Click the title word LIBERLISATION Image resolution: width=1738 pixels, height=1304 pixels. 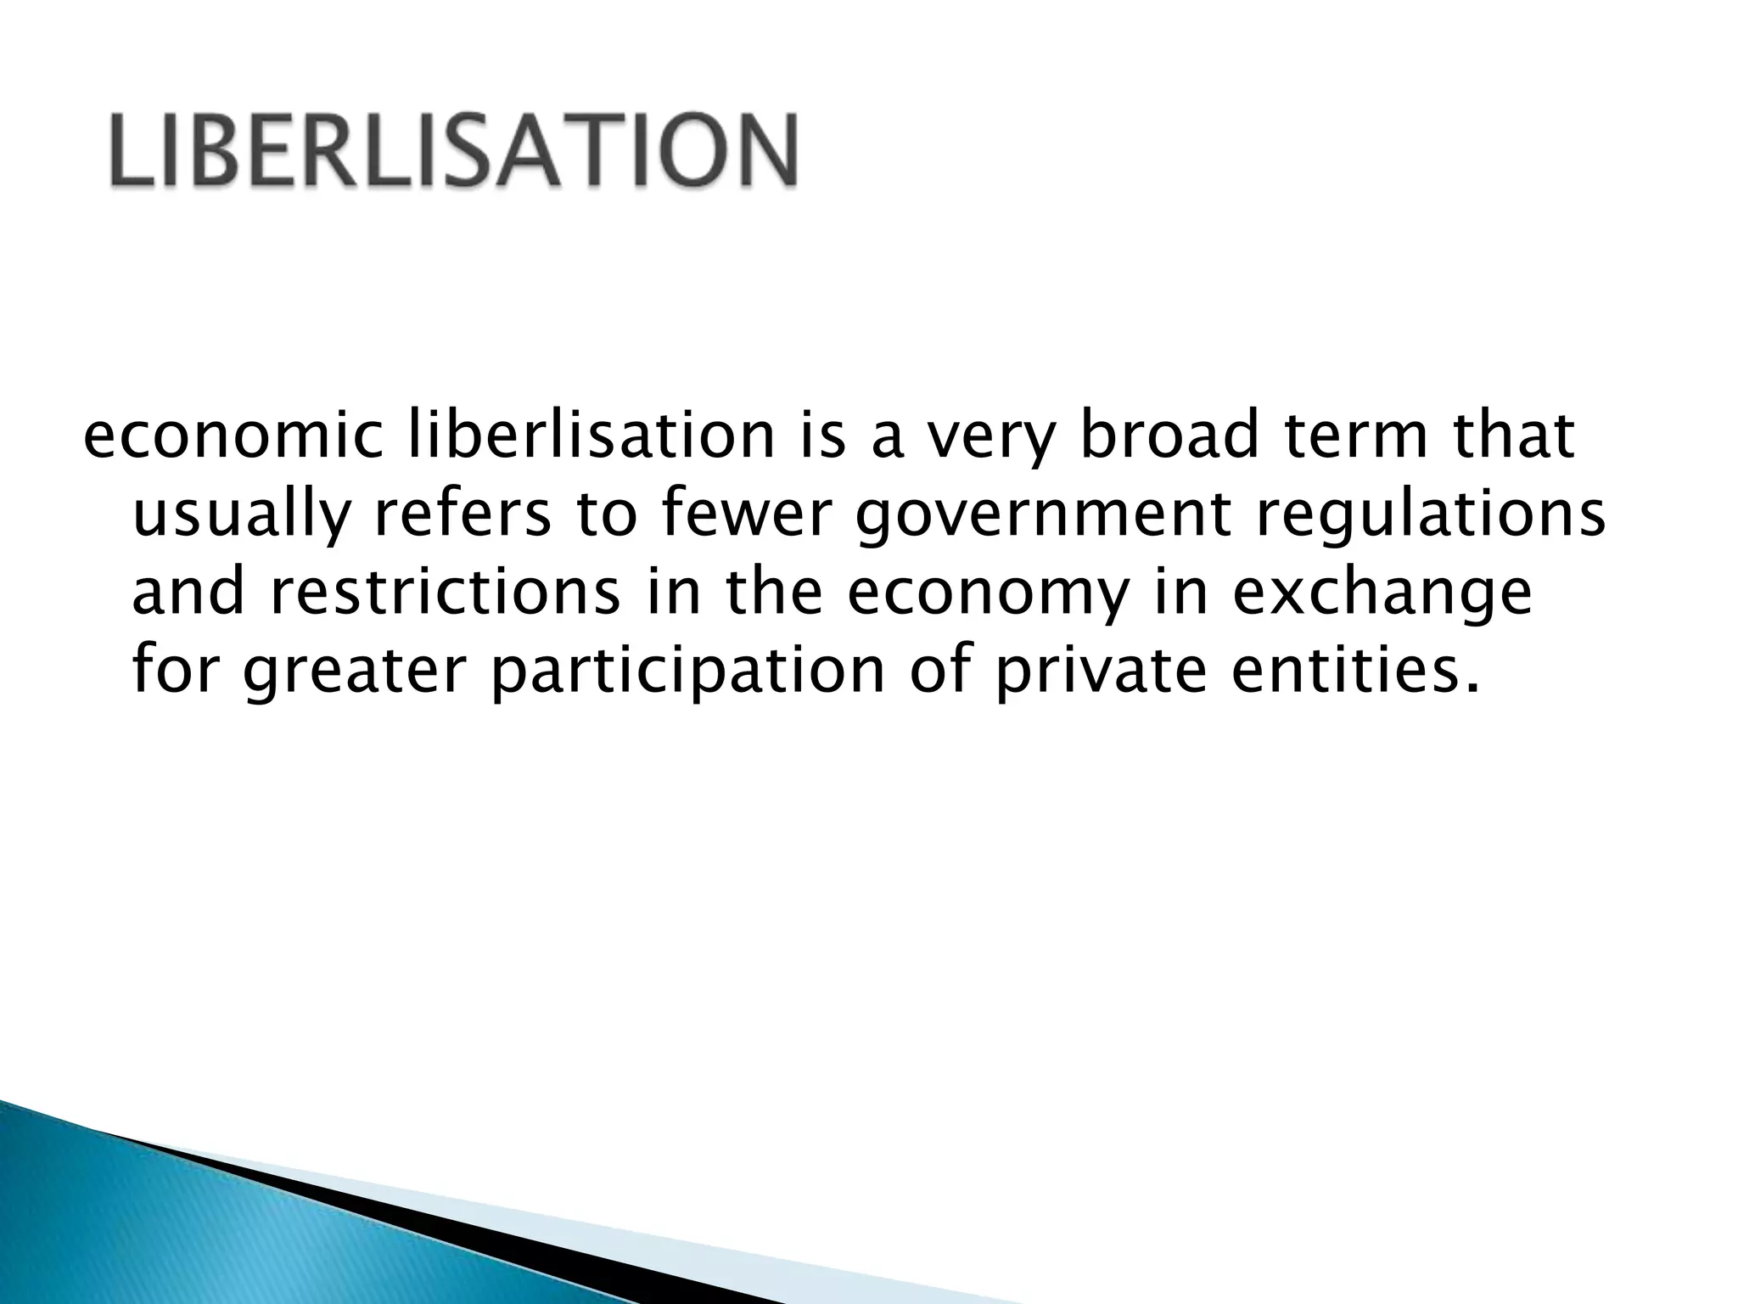(x=453, y=150)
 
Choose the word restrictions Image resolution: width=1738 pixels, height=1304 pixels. (x=446, y=593)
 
